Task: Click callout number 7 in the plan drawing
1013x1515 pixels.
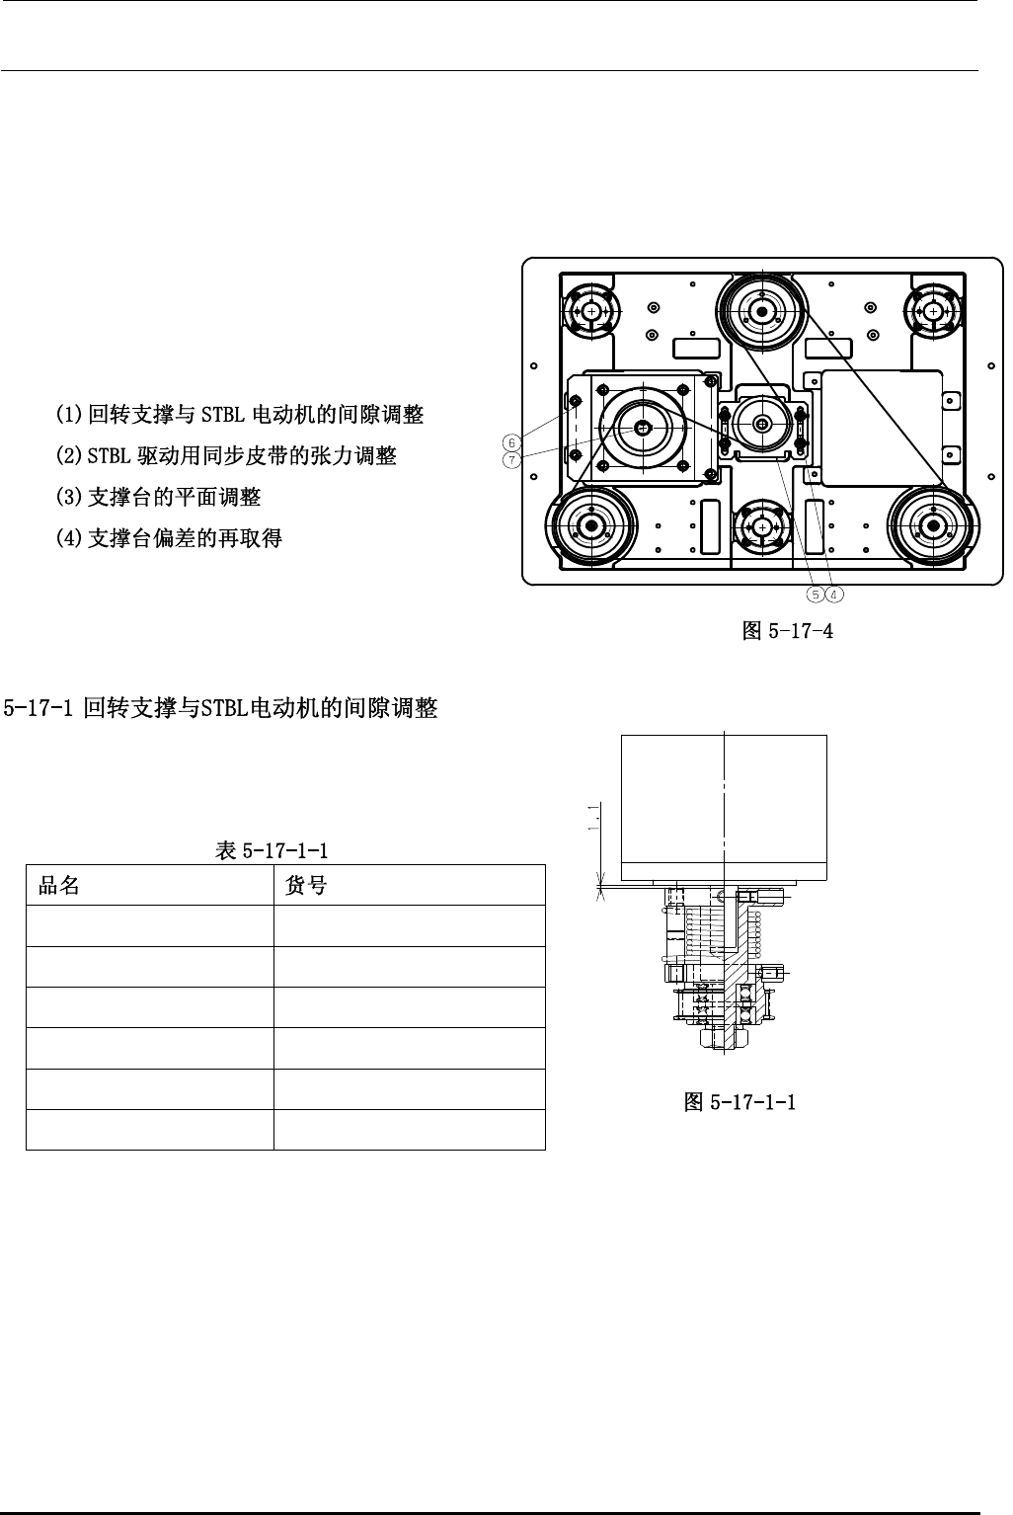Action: [512, 460]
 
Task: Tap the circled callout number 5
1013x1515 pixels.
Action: [815, 594]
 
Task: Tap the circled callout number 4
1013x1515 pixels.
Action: [834, 594]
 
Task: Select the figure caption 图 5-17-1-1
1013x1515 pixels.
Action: [740, 1102]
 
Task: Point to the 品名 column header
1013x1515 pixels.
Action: [59, 886]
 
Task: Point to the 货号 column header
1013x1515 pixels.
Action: [305, 886]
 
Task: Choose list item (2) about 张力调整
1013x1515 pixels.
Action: [226, 455]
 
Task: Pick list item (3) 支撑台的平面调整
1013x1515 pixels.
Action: [159, 497]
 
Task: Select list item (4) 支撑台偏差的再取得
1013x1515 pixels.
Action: [170, 538]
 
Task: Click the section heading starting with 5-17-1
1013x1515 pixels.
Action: [221, 708]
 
